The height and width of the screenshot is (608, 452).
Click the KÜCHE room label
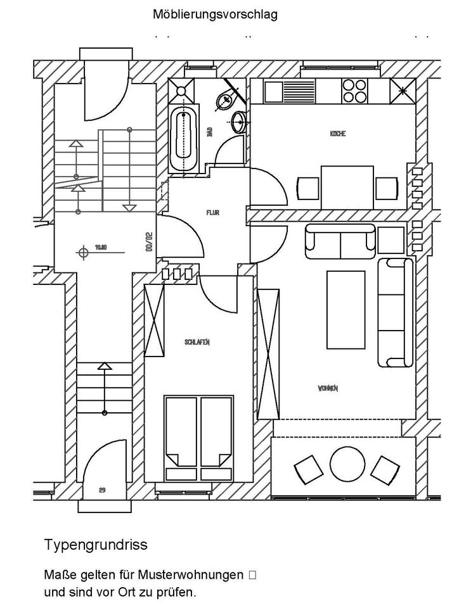click(337, 134)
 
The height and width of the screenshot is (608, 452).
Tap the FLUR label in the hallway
click(213, 213)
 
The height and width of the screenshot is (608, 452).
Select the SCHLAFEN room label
click(197, 342)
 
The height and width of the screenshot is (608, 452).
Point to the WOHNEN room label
click(328, 388)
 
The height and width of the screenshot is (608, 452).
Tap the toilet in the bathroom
click(225, 100)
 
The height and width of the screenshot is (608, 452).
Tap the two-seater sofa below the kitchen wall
click(341, 242)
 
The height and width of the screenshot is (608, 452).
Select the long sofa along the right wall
click(395, 312)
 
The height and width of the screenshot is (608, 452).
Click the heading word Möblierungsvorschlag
click(215, 15)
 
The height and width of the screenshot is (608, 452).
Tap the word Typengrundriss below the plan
click(96, 545)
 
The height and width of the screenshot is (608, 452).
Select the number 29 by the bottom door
click(101, 490)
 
